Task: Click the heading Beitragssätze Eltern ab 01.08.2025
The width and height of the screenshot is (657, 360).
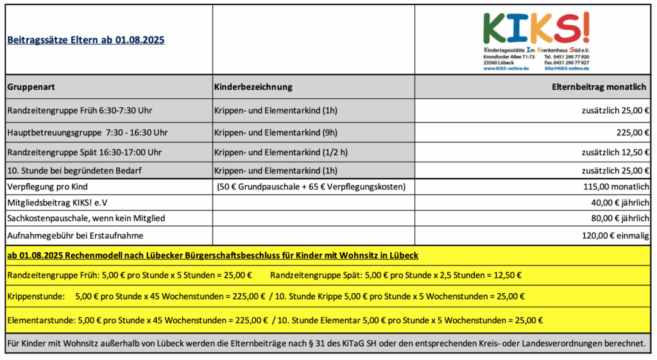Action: click(85, 40)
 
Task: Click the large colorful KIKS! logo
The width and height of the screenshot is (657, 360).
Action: click(536, 29)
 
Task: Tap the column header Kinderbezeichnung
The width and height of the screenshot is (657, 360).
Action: click(253, 87)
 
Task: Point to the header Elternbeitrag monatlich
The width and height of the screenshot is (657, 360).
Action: click(601, 87)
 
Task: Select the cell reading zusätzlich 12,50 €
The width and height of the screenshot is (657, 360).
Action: click(615, 152)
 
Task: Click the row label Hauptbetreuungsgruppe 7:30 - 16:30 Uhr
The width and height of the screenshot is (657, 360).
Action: click(87, 133)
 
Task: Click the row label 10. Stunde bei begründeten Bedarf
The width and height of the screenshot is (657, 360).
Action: click(74, 171)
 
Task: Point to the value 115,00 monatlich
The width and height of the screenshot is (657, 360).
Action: click(615, 187)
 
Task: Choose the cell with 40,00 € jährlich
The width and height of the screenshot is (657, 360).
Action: click(620, 203)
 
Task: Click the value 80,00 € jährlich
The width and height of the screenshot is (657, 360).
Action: click(620, 219)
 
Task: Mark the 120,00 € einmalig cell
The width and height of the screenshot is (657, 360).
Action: click(616, 236)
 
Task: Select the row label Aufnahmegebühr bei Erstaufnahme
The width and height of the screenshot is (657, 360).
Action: click(75, 236)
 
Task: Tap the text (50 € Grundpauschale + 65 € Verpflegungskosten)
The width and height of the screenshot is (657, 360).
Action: click(312, 187)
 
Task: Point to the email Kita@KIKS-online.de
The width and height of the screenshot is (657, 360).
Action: click(566, 68)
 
